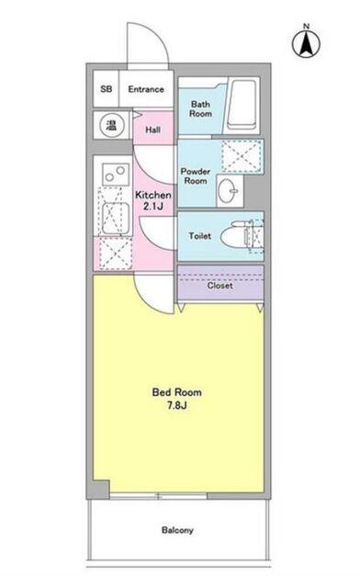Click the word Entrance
coord(146,89)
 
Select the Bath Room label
coord(201,108)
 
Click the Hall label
coord(153,130)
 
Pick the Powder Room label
coord(196,176)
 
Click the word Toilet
coord(199,236)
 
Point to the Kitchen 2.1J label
coord(153,201)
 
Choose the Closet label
coord(219,286)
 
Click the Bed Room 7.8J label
coord(176,398)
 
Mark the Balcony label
coord(178,531)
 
